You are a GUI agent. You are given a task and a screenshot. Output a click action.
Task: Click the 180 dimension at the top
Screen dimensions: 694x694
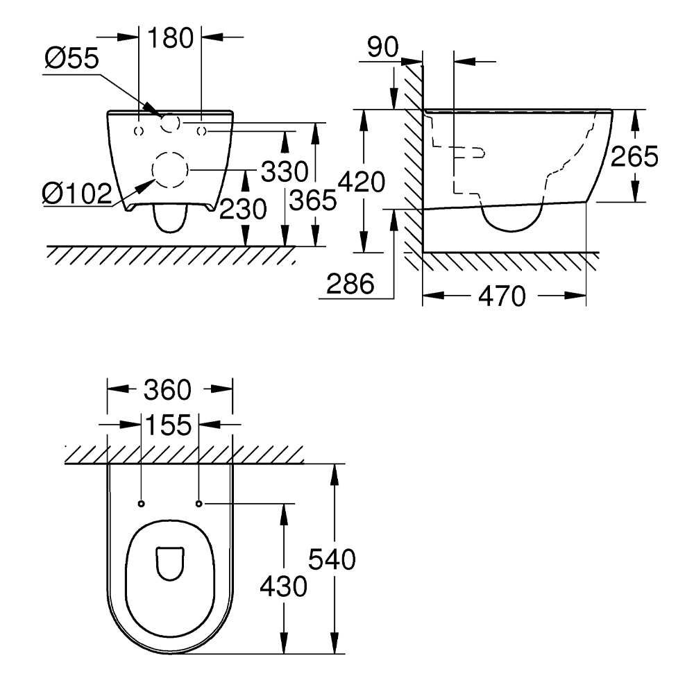pyautogui.click(x=171, y=38)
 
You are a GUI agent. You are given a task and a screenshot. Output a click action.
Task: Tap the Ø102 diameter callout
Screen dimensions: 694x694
pyautogui.click(x=76, y=194)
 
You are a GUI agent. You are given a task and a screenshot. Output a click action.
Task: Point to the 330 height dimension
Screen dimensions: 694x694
pyautogui.click(x=285, y=170)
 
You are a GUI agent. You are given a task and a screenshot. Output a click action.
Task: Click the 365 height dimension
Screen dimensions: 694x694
pyautogui.click(x=313, y=201)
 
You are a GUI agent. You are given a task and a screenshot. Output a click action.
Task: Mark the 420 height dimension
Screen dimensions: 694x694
pyautogui.click(x=361, y=183)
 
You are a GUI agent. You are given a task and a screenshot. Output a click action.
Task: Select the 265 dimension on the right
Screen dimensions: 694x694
pyautogui.click(x=634, y=157)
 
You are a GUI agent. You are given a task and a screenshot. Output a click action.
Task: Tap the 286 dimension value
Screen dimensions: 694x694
pyautogui.click(x=350, y=283)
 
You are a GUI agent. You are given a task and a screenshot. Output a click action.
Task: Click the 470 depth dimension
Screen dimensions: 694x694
pyautogui.click(x=502, y=296)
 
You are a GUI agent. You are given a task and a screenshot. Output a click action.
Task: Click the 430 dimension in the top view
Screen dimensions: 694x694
pyautogui.click(x=283, y=586)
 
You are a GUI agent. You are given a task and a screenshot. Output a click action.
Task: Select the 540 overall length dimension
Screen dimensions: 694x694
pyautogui.click(x=332, y=559)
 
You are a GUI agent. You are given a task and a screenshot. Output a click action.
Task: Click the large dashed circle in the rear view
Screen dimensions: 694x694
pyautogui.click(x=170, y=169)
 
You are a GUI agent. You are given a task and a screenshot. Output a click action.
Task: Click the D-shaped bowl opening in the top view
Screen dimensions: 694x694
pyautogui.click(x=169, y=563)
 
